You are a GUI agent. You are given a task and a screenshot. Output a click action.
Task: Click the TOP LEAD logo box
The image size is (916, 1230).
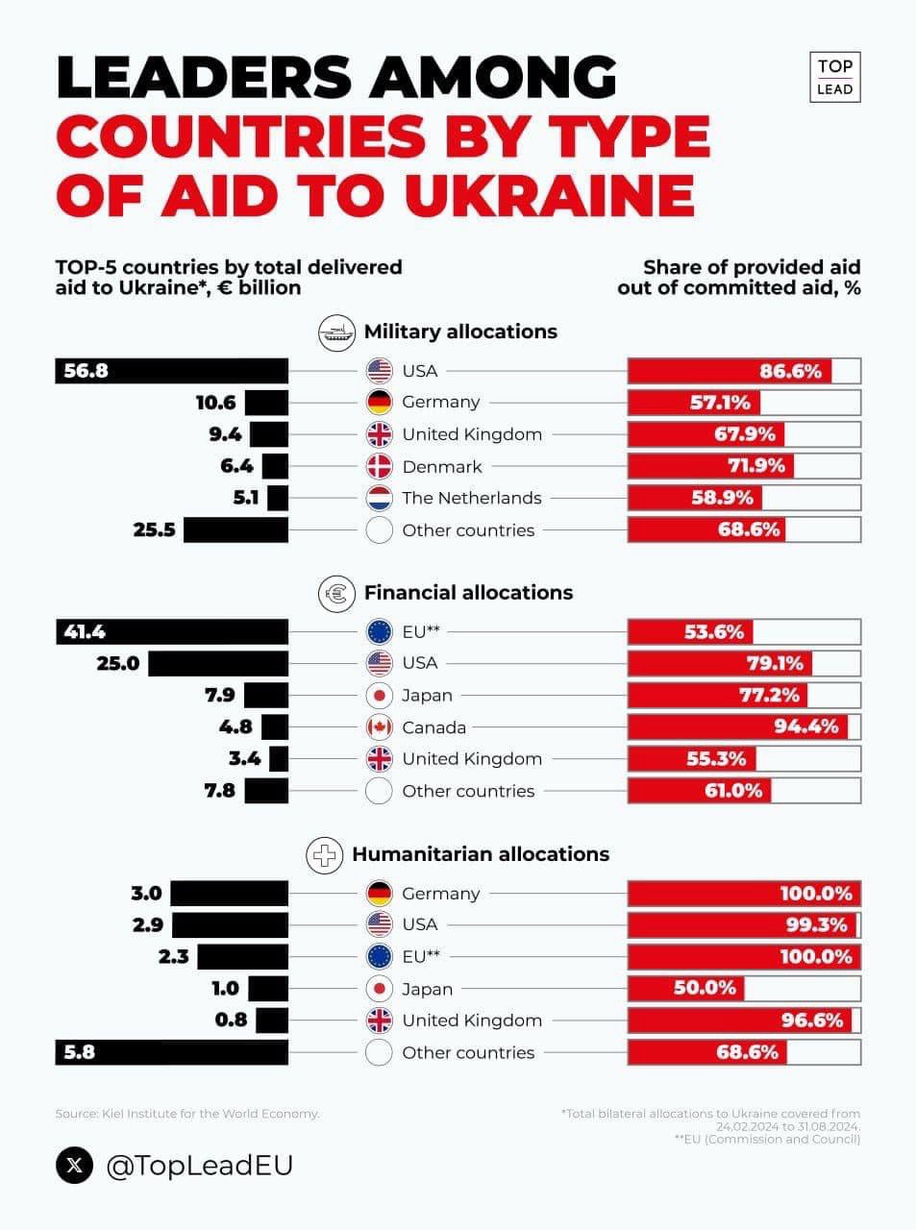coord(833,77)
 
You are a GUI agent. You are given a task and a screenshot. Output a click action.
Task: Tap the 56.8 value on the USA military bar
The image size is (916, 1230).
coord(86,371)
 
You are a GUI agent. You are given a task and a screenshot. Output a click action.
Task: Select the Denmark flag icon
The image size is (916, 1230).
coord(380,467)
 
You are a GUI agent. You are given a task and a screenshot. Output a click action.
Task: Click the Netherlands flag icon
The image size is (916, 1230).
coord(380,499)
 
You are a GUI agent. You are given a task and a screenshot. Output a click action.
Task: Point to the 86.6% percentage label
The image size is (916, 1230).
coord(790,371)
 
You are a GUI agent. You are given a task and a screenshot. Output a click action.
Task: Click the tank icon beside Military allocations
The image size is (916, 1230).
coord(337,332)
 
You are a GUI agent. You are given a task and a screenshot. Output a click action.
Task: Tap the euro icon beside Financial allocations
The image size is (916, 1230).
coord(337,593)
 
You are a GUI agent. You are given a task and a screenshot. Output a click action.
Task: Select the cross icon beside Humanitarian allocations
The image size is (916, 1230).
coord(325,854)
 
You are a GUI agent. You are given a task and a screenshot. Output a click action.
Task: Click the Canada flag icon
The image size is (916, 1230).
coord(380,727)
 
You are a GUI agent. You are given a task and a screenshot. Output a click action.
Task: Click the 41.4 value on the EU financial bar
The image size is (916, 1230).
coord(85,631)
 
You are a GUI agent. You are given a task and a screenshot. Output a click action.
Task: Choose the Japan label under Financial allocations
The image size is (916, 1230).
coord(427,695)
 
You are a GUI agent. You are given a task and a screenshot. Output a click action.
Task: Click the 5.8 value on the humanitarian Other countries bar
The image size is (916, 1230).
coord(79,1052)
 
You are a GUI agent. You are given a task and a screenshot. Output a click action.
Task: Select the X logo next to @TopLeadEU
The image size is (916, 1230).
coord(75,1166)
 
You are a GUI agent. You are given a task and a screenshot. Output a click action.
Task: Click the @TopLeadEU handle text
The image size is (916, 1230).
coord(199,1166)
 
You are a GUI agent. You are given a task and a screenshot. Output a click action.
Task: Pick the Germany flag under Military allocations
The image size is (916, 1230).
coord(380,403)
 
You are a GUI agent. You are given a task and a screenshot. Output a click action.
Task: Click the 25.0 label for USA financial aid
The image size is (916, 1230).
coord(117,663)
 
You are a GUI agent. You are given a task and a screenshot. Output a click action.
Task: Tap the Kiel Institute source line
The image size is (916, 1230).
coord(187,1114)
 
